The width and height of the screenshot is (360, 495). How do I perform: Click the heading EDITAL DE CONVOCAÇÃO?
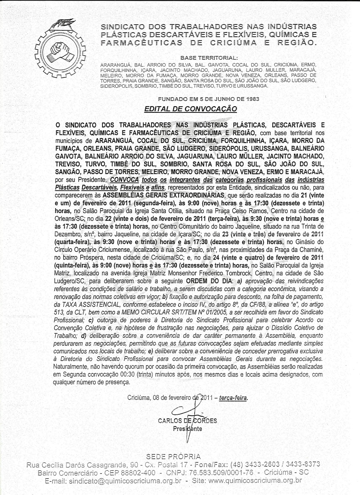point(191,109)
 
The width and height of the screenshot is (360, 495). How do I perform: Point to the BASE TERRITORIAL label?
point(209,58)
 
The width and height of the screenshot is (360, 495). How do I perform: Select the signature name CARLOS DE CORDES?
point(187,421)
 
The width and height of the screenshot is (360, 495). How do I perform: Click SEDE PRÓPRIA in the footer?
point(173,456)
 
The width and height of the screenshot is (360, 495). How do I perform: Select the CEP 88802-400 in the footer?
point(132,472)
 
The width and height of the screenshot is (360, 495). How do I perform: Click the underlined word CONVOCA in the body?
point(124,180)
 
